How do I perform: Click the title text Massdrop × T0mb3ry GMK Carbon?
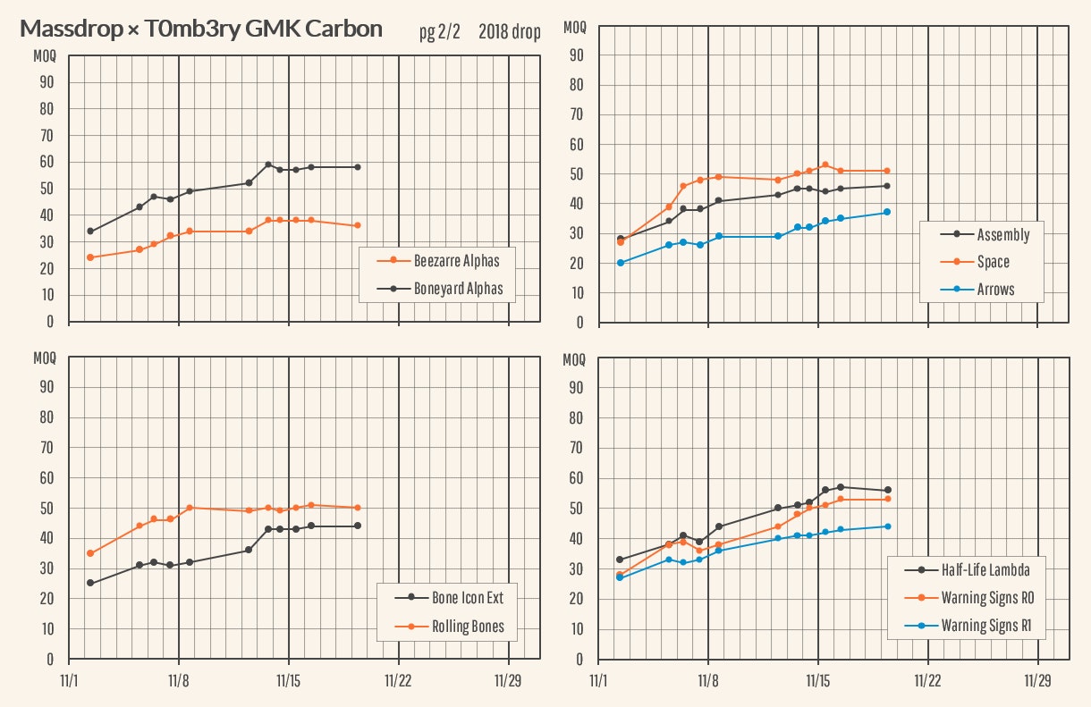click(201, 29)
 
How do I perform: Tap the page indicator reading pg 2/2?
click(439, 32)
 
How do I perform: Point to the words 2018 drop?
click(510, 32)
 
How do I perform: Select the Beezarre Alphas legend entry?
click(456, 261)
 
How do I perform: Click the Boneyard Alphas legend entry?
click(458, 288)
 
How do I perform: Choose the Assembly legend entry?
click(1002, 235)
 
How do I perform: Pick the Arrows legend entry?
click(995, 289)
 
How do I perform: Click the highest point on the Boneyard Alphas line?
click(268, 164)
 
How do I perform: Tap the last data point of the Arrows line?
click(887, 212)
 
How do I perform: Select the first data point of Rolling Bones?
click(89, 553)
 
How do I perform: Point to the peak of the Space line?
click(825, 165)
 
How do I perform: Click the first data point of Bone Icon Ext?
click(89, 583)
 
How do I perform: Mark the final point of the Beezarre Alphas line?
click(358, 225)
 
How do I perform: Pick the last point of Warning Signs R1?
click(887, 526)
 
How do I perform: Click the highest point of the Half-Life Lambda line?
click(841, 487)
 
